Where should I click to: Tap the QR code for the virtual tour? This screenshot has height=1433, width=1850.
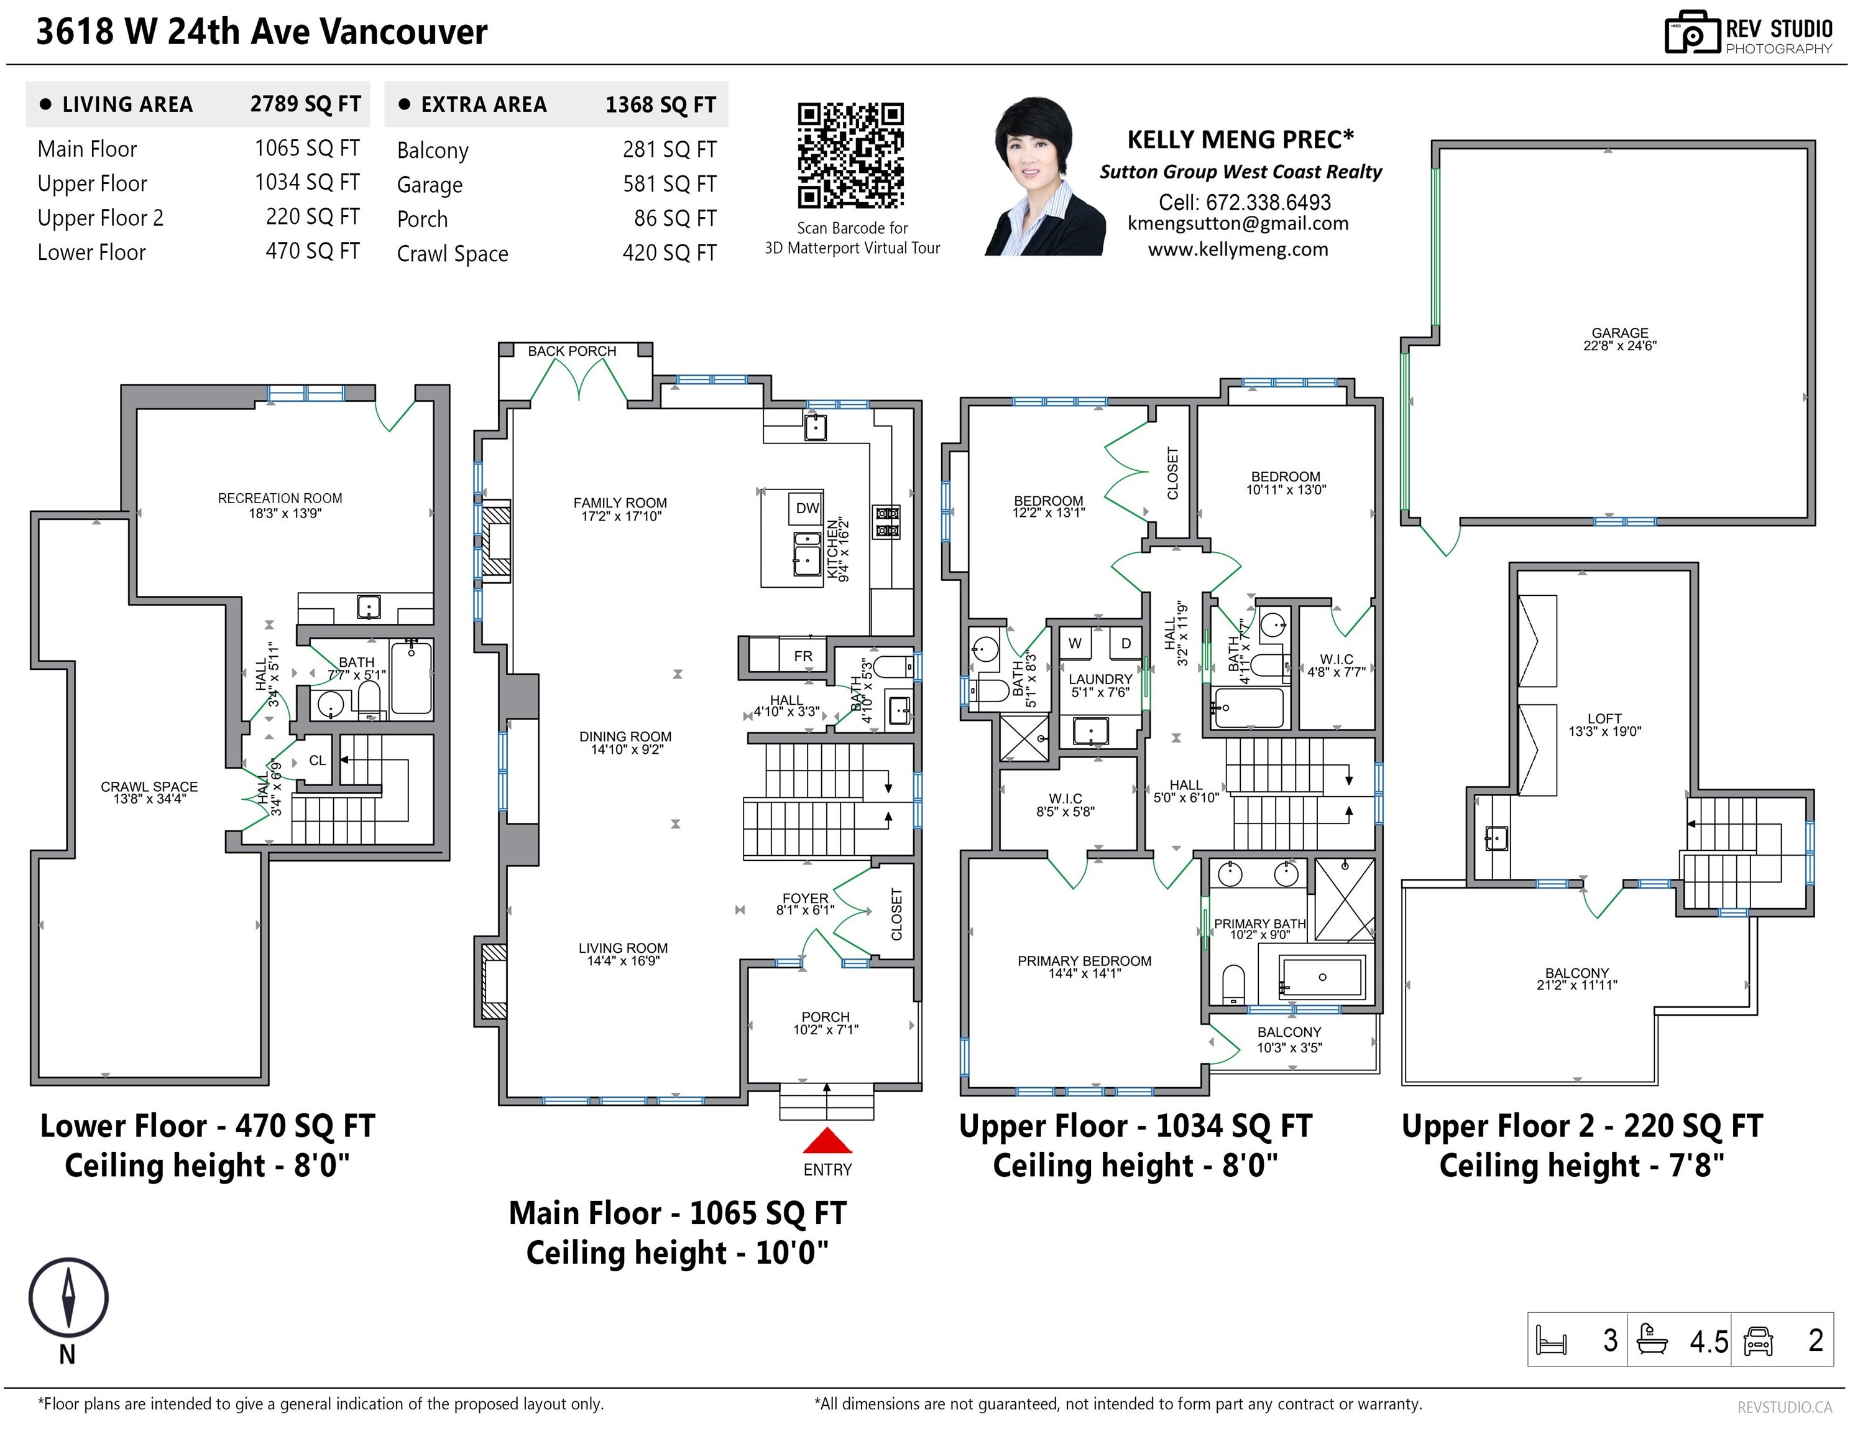(850, 156)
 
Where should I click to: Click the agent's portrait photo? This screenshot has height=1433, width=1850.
(1045, 176)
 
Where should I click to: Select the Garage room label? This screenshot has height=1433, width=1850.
(1619, 339)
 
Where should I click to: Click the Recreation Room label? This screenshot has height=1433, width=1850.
(280, 505)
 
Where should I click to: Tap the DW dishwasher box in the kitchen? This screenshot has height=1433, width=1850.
(808, 508)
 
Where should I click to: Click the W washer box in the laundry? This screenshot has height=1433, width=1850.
(1075, 643)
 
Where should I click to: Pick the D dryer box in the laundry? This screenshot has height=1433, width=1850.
(1126, 643)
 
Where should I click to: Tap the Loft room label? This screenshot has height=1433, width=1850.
(1604, 725)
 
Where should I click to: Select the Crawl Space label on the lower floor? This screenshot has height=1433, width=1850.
(149, 792)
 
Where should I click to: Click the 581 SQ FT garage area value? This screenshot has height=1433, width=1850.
(669, 184)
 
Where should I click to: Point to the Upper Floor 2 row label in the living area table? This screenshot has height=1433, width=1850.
(100, 218)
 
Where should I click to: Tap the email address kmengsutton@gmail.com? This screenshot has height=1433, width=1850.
(1238, 224)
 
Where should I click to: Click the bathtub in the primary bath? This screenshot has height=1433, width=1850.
(1322, 977)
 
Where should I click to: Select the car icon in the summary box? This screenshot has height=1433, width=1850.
(1759, 1340)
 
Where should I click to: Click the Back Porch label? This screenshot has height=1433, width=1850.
(572, 351)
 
